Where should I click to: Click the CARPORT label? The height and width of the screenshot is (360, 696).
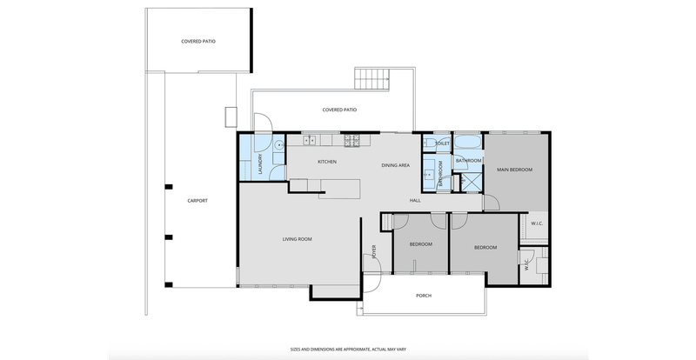point(197,201)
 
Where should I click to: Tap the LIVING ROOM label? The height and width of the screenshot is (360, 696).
point(297,239)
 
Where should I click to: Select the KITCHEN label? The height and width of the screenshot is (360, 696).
point(327,162)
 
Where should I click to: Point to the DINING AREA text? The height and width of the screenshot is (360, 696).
point(396,165)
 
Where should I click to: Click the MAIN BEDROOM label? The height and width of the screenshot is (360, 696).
point(514,170)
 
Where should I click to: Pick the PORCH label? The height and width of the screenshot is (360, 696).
point(424,296)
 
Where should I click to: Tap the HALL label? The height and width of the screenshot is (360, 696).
point(415,201)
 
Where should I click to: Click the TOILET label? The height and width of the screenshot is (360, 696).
point(442,143)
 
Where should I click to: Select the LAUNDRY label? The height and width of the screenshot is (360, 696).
point(260,163)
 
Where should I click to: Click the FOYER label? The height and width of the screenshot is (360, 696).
point(374,251)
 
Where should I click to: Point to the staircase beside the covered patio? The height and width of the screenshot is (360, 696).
point(372,78)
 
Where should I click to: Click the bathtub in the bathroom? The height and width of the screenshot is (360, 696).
point(467,142)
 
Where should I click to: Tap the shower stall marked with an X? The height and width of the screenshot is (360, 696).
point(471,183)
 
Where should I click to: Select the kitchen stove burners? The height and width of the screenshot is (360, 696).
point(351,140)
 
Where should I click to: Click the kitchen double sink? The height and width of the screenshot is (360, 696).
point(310,140)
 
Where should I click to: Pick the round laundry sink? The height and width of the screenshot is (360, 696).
point(279,144)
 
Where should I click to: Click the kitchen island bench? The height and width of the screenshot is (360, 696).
point(339,189)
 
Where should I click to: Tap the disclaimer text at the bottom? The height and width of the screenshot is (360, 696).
point(348,350)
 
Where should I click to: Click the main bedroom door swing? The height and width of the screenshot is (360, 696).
point(492,203)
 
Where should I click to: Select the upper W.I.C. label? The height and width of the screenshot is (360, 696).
point(537,223)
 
